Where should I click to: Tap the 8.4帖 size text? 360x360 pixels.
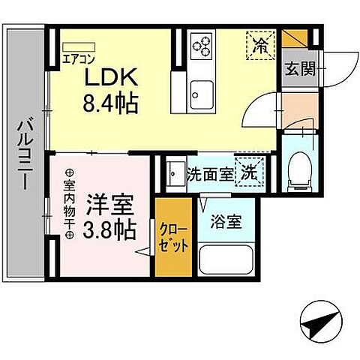coord(110,103)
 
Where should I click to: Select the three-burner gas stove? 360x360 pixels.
coord(201,46)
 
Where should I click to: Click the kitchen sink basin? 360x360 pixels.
coord(200,94)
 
